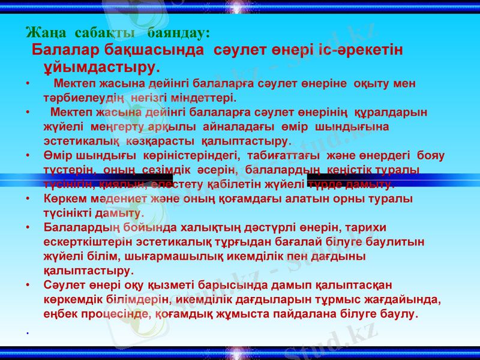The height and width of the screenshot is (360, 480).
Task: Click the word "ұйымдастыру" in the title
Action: coord(99,65)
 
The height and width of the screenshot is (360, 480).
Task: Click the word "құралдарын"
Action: coord(389,112)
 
